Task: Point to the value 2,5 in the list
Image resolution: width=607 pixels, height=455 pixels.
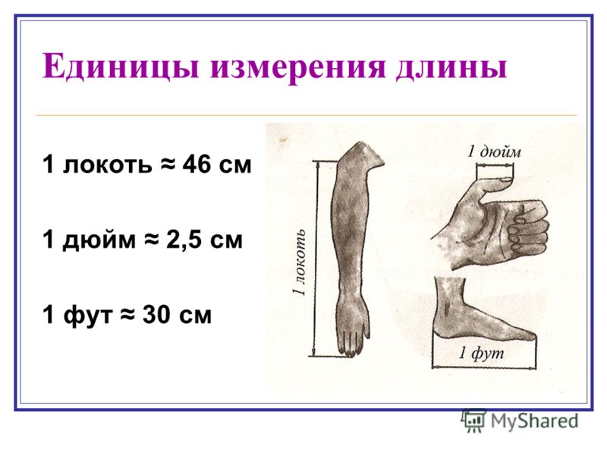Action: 184,240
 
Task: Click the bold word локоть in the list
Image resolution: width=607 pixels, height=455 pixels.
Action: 107,165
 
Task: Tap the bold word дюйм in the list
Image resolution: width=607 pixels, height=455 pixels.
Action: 99,240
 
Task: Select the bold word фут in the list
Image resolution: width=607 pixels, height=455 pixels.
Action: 87,315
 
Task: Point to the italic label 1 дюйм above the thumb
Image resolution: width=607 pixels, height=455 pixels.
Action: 494,152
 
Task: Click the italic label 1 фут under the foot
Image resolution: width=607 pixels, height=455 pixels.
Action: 482,353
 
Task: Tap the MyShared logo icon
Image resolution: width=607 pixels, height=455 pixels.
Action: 473,421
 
